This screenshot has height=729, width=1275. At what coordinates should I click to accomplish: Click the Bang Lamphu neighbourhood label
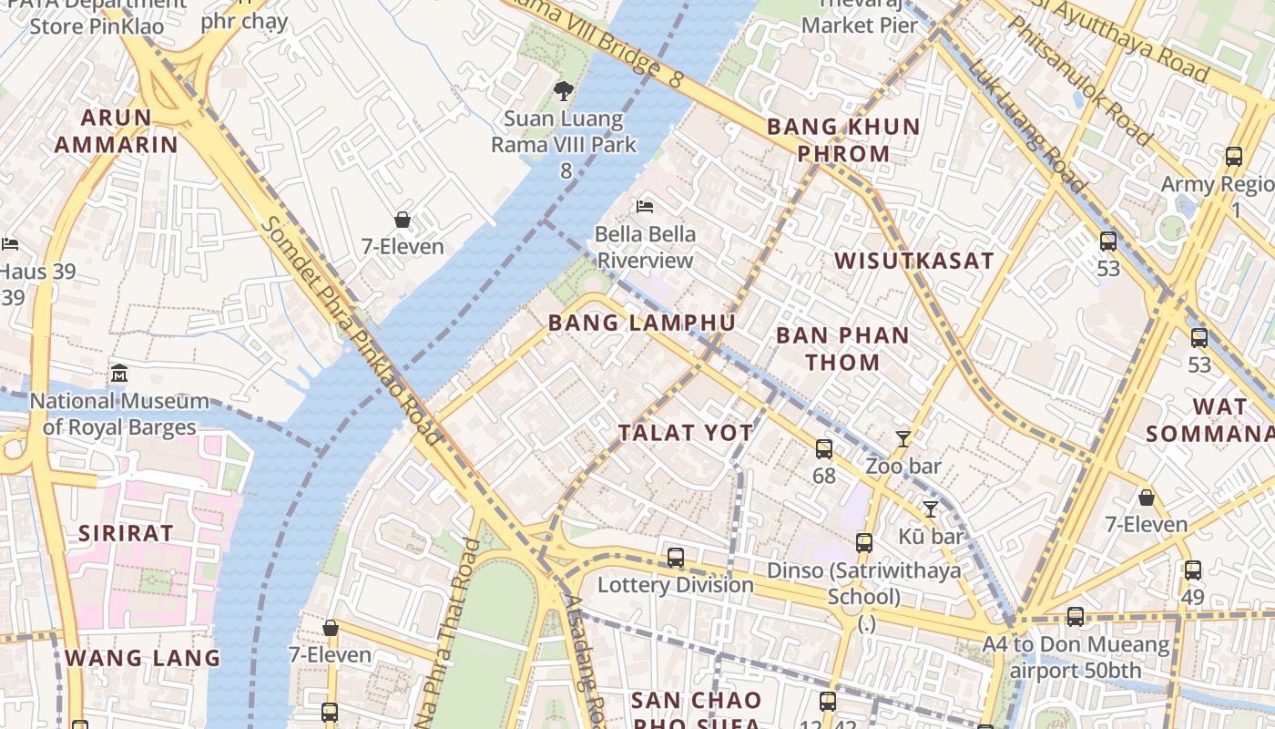click(641, 323)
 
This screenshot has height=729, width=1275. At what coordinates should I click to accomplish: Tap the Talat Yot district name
click(686, 433)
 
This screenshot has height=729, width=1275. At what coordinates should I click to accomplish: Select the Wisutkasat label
click(913, 261)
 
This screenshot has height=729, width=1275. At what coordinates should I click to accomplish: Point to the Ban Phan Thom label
click(842, 348)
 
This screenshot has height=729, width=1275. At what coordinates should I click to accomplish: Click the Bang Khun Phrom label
click(843, 139)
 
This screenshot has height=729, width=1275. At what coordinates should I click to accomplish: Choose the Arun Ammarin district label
click(116, 130)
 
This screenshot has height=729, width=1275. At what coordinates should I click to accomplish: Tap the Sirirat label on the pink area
click(126, 533)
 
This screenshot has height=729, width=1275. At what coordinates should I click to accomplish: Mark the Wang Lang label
click(142, 657)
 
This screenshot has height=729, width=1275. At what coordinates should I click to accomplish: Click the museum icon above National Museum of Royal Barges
click(119, 374)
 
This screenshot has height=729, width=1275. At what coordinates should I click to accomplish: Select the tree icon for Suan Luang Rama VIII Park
click(564, 90)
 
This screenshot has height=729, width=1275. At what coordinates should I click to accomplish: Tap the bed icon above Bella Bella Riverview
click(646, 207)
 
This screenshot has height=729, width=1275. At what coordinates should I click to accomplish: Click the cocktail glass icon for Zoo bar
click(903, 439)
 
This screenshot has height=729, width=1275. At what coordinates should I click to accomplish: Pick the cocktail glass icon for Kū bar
click(930, 509)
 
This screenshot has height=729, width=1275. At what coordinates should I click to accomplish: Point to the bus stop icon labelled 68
click(824, 448)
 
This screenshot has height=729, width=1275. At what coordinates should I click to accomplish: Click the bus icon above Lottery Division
click(675, 558)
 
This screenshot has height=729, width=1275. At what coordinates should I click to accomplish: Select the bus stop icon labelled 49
click(1192, 570)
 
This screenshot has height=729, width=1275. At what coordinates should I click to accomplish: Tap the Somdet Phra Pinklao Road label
click(352, 332)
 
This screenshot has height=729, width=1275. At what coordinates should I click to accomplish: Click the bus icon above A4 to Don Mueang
click(1076, 617)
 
